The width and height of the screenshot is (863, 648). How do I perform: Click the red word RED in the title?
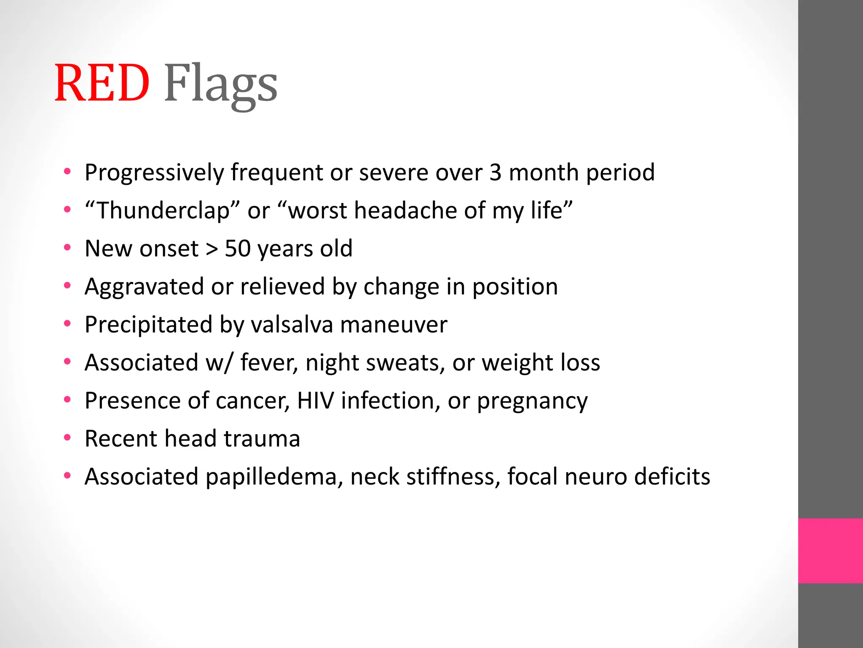[x=102, y=83]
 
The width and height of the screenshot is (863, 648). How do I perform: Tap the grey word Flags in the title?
[x=220, y=84]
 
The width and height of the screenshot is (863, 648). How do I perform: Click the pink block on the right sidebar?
[x=830, y=551]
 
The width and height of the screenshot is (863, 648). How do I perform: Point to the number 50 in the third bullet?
[x=238, y=248]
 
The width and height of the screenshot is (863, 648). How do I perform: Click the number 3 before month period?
[x=496, y=173]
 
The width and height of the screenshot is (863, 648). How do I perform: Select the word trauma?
[x=262, y=439]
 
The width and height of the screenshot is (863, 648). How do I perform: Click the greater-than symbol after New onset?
[x=212, y=249]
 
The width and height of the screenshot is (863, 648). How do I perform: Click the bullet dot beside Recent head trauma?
[x=67, y=438]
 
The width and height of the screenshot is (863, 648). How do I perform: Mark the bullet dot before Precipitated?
[x=67, y=324]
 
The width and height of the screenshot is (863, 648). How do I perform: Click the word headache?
[x=405, y=211]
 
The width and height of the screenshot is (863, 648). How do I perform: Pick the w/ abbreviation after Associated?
[x=219, y=363]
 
